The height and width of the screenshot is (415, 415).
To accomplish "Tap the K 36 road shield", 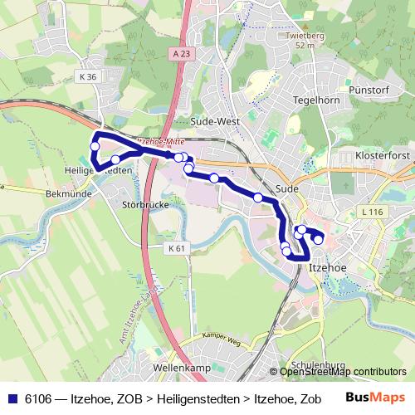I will [90, 77].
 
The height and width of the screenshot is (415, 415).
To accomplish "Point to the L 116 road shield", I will [373, 213].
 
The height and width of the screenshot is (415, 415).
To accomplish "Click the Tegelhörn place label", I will [312, 100].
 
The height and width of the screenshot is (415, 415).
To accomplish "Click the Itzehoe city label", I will [326, 267].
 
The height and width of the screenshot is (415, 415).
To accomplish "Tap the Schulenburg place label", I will [318, 365].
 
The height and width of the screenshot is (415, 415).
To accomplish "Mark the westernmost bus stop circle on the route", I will [95, 146].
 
